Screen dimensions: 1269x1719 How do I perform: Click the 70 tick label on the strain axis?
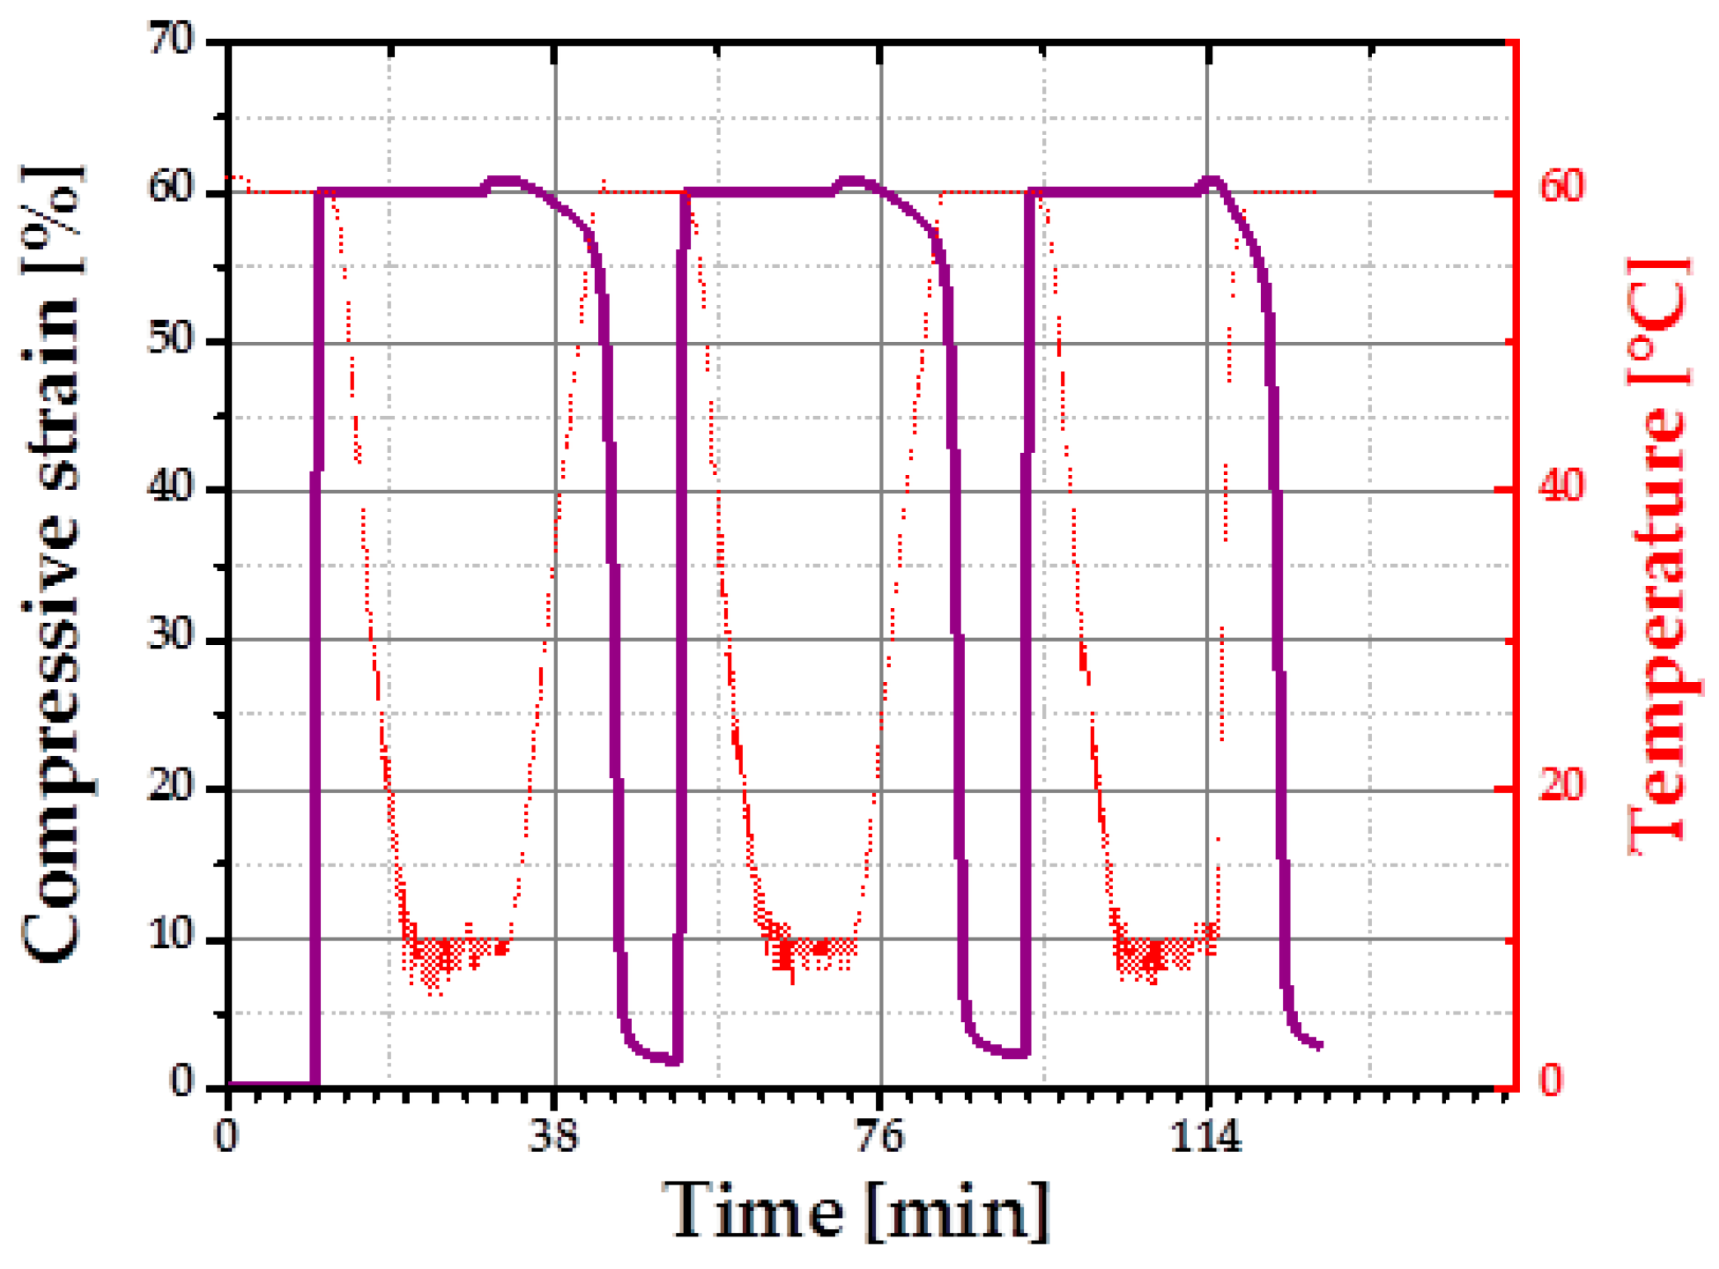pyautogui.click(x=171, y=41)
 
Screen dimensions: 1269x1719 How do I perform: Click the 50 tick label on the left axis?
pyautogui.click(x=171, y=340)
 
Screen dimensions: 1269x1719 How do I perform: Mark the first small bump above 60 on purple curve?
pyautogui.click(x=505, y=182)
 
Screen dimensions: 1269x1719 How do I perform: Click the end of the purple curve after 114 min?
pyautogui.click(x=1319, y=1045)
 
